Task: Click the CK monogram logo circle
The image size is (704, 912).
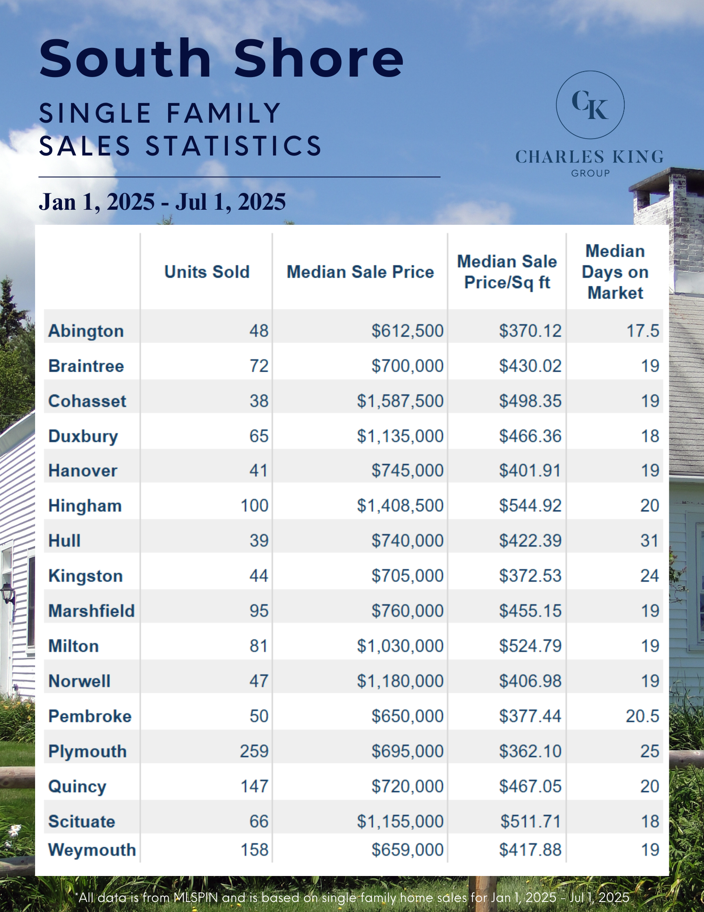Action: [590, 105]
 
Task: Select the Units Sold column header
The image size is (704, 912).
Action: [207, 272]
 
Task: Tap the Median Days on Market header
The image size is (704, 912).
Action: [615, 272]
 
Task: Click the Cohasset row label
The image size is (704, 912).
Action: [87, 401]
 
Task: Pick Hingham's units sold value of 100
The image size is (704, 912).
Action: [254, 505]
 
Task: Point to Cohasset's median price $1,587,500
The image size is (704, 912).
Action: [400, 401]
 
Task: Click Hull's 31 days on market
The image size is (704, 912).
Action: [649, 540]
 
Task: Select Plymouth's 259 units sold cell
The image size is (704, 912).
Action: [254, 751]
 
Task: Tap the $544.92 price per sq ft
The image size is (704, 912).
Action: [530, 505]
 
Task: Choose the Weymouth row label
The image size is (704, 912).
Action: [92, 850]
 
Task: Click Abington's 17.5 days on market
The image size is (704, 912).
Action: [642, 331]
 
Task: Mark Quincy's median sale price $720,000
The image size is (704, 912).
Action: [407, 786]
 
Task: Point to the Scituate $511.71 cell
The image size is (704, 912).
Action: [530, 821]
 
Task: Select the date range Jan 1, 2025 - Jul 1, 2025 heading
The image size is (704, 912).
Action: [162, 202]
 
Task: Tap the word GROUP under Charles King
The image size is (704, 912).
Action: [591, 173]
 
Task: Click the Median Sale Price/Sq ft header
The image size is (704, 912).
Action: [507, 272]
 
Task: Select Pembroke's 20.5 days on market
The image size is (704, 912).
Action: [642, 716]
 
